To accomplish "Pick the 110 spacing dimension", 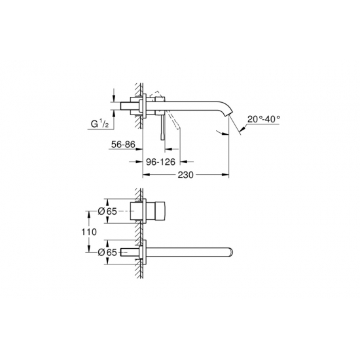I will click(90, 232).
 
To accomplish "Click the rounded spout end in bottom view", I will click(230, 252).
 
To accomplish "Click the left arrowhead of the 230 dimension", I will click(145, 175).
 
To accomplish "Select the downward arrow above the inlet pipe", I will click(115, 93).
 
